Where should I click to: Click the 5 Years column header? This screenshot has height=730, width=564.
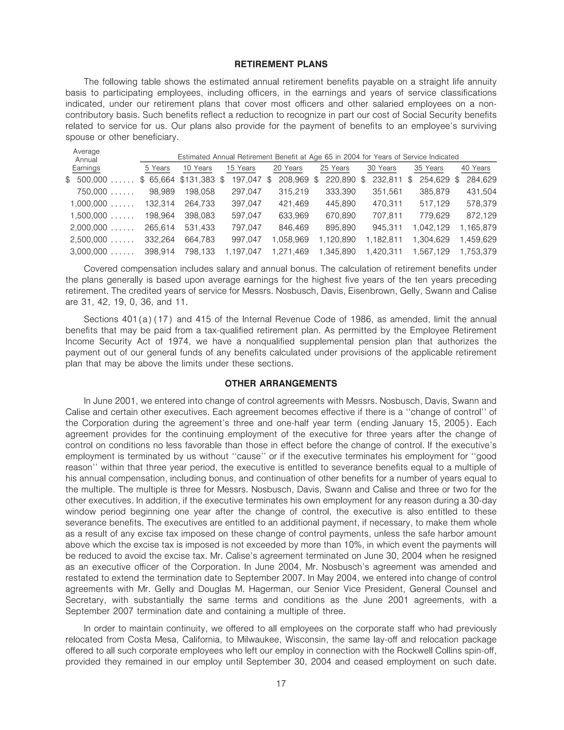[x=157, y=168]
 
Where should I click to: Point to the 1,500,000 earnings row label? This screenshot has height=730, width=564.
[x=89, y=216]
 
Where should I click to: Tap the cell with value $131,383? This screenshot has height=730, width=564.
[x=197, y=180]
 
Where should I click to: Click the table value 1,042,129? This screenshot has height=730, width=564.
[x=431, y=228]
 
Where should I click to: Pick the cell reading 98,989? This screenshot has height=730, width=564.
[x=160, y=192]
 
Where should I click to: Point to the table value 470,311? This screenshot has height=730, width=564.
[x=387, y=204]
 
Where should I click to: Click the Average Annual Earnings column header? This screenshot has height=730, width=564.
[x=86, y=160]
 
